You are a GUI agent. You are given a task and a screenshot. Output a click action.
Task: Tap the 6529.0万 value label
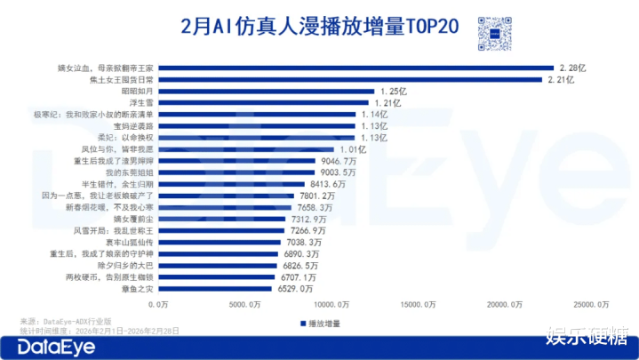pyautogui.click(x=296, y=288)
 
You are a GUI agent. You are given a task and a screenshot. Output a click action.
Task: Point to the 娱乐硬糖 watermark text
pyautogui.click(x=587, y=339)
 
